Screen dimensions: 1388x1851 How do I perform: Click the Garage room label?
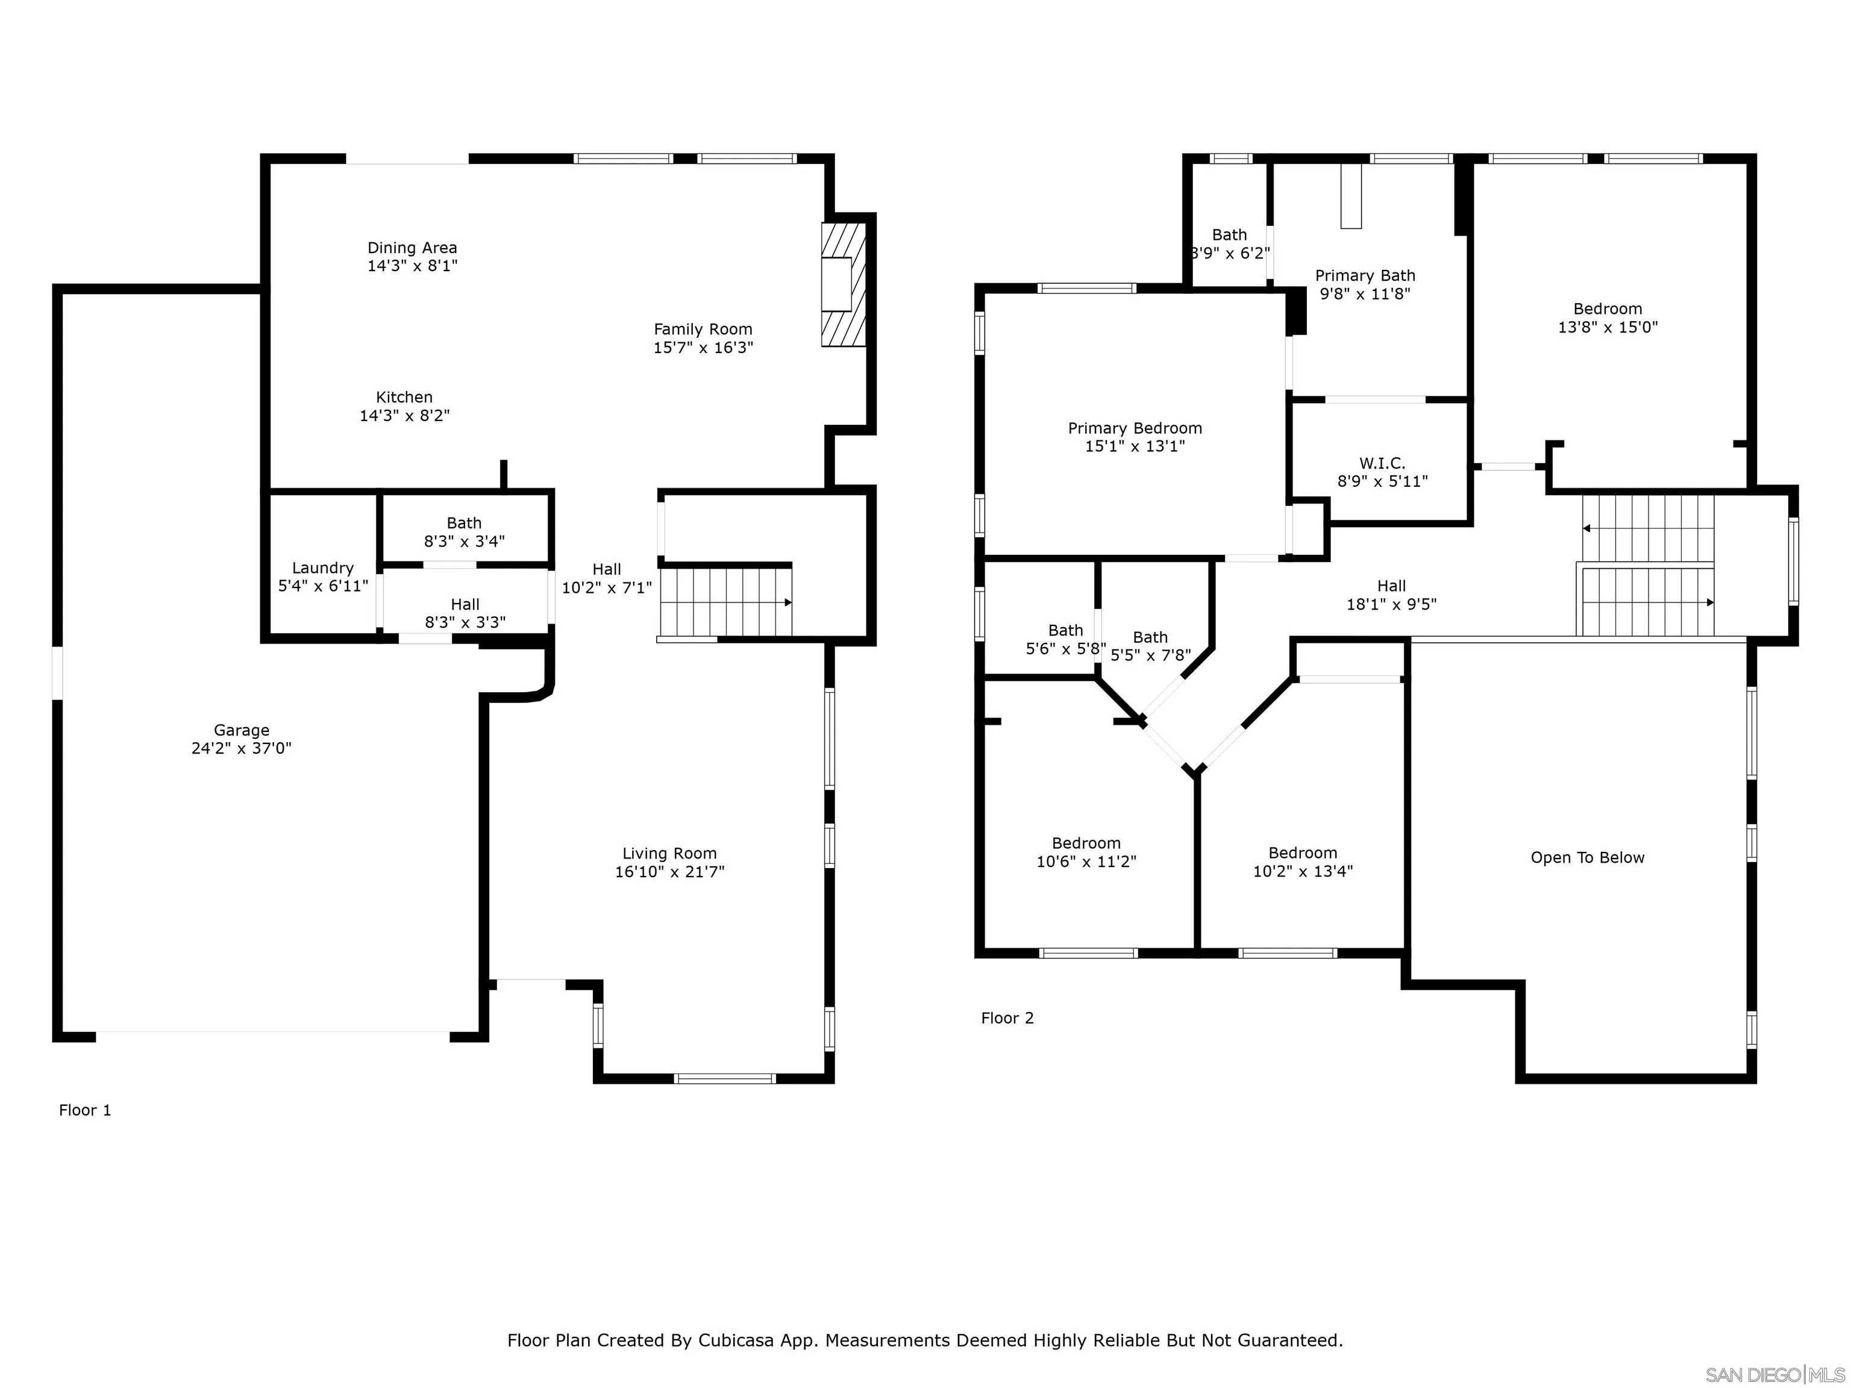coord(241,730)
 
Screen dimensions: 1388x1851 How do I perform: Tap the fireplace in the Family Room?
coord(844,284)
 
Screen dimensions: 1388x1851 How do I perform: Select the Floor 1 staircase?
coord(725,602)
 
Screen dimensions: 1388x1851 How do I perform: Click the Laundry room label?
coord(322,568)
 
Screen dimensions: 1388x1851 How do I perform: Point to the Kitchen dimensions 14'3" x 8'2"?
coord(404,416)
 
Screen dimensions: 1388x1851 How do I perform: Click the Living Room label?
coord(669,854)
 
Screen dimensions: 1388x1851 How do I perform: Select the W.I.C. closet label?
coord(1382,463)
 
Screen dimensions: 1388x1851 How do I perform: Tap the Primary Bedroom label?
coord(1134,428)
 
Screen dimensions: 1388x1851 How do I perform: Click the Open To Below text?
coord(1586,858)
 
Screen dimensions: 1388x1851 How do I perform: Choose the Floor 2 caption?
coord(1007,1018)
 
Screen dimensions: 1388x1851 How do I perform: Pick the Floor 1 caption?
coord(84,1110)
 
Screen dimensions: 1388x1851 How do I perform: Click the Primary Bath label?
coord(1364,276)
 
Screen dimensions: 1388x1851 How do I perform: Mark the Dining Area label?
coord(412,248)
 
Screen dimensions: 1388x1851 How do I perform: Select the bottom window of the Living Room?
coord(725,1078)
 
